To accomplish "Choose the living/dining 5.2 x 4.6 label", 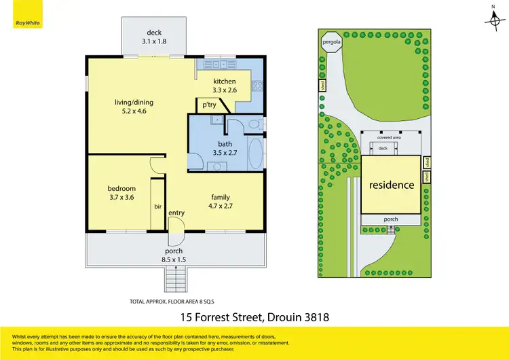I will coord(133,107).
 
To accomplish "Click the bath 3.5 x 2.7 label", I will coord(225,148).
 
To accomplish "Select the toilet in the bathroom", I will coord(254,124).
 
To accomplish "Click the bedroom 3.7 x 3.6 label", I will coord(121,192).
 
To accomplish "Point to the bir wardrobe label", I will coord(157,206).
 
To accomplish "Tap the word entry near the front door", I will coord(176,213).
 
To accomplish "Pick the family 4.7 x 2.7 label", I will coord(220,202).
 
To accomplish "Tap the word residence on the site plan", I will coord(391,185).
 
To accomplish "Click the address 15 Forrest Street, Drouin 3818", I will coord(254,316).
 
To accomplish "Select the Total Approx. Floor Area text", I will coord(176,300).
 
